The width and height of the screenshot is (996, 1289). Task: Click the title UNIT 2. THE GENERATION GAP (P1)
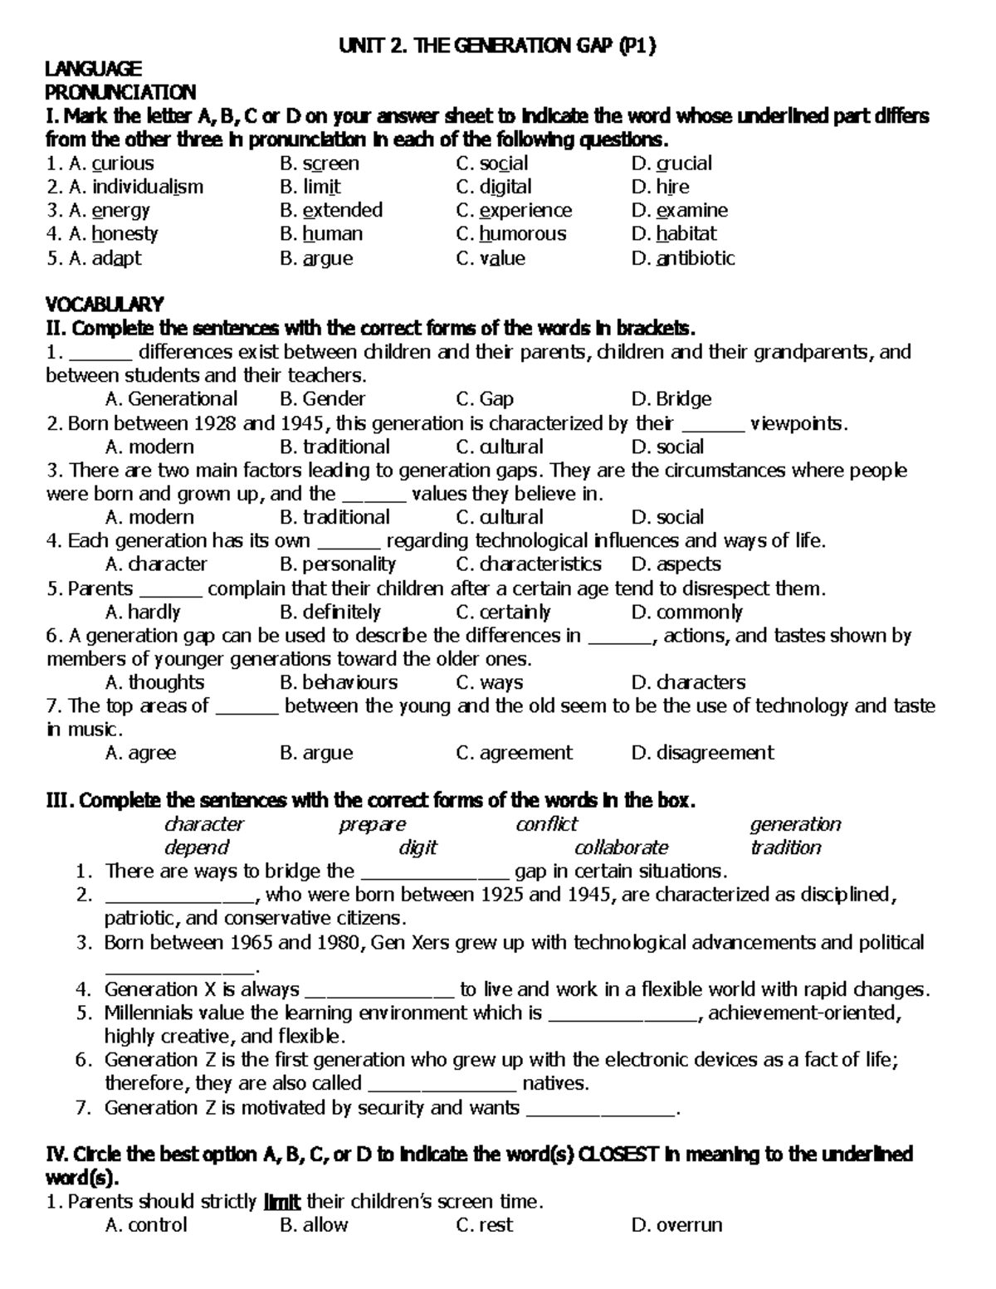point(497,46)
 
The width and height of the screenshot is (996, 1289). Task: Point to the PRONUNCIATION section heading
point(120,92)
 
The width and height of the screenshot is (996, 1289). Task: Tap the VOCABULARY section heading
point(105,304)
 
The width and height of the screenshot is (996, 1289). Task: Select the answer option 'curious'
point(122,164)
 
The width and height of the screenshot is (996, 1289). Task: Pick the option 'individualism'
point(147,187)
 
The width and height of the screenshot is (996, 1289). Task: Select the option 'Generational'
point(183,399)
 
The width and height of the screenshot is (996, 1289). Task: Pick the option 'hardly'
point(154,613)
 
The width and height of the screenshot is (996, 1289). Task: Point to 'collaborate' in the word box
point(621,847)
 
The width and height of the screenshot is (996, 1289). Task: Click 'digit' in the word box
point(417,847)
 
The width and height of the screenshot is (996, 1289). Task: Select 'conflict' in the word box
point(545,824)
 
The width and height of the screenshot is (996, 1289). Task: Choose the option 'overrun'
point(689,1225)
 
